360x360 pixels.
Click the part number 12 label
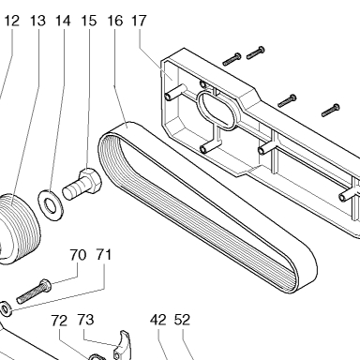coord(12,21)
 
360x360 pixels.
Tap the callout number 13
coord(38,21)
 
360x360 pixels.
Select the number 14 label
coord(64,21)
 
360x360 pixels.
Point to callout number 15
coord(89,21)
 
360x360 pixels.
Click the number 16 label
coord(115,21)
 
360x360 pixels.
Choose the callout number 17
coord(139,21)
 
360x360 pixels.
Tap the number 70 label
coord(78,255)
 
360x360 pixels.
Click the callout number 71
coord(104,255)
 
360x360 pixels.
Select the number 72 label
coord(60,321)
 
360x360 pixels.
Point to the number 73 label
coord(85,320)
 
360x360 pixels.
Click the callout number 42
coord(158,320)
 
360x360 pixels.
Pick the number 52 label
coord(183,320)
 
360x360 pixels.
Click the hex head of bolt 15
coord(91,179)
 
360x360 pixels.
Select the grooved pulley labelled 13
coord(18,229)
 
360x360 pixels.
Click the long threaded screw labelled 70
coord(34,292)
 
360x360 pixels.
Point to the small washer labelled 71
coord(7,308)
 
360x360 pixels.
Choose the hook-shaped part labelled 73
coord(123,345)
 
